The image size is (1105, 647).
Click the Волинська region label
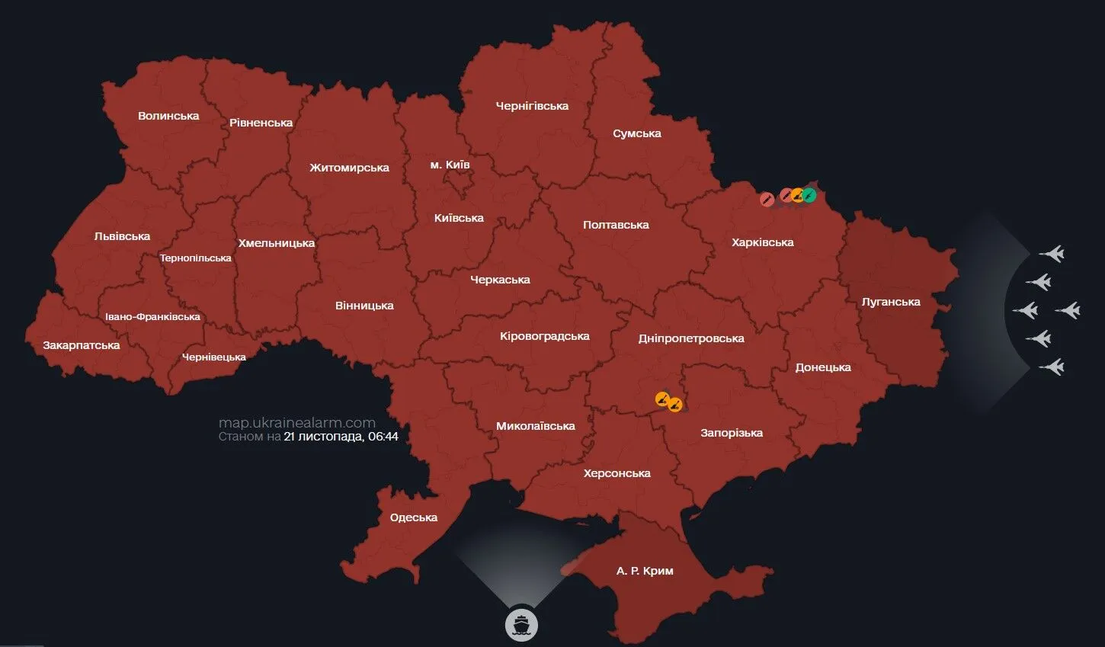tap(168, 116)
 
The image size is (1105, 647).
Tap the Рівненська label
tap(261, 123)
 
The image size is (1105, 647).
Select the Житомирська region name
tap(349, 168)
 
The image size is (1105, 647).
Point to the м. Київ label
tap(450, 165)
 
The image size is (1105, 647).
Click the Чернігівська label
tap(532, 106)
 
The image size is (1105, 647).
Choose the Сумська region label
tap(636, 133)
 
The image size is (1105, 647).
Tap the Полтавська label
tap(616, 225)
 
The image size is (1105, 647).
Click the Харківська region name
tap(762, 242)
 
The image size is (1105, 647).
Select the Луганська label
tap(891, 302)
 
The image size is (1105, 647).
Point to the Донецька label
tap(823, 367)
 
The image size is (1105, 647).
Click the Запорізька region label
tap(732, 433)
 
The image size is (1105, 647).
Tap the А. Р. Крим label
tap(645, 571)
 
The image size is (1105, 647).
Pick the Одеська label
tap(413, 517)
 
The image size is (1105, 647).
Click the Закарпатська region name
tap(82, 345)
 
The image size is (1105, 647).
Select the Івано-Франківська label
tap(152, 317)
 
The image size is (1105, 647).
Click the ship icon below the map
tap(521, 625)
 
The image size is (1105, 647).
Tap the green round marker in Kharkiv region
tap(809, 195)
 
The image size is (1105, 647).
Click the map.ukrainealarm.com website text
tap(296, 423)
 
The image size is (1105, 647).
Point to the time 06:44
tap(383, 437)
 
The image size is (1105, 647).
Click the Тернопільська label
tap(195, 258)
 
